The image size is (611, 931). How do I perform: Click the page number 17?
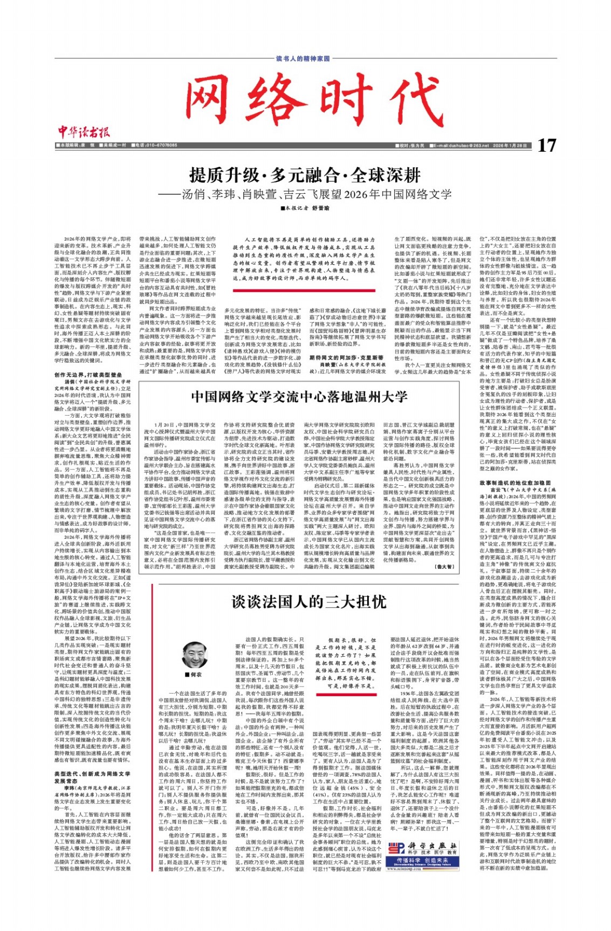pyautogui.click(x=546, y=145)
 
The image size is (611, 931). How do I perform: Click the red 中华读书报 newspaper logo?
pyautogui.click(x=83, y=131)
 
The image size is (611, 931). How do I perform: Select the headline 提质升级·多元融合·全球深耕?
pyautogui.click(x=305, y=175)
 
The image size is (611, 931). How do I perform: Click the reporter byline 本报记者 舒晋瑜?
pyautogui.click(x=305, y=208)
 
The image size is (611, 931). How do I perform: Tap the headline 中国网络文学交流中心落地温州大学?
pyautogui.click(x=299, y=397)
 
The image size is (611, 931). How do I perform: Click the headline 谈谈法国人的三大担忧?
pyautogui.click(x=309, y=602)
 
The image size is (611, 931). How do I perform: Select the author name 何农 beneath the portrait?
pyautogui.click(x=196, y=675)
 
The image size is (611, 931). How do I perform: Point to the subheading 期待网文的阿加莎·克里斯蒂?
pyautogui.click(x=346, y=357)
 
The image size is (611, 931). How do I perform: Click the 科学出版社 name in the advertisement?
pyautogui.click(x=431, y=846)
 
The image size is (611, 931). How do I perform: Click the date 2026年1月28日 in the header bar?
pyautogui.click(x=509, y=146)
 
